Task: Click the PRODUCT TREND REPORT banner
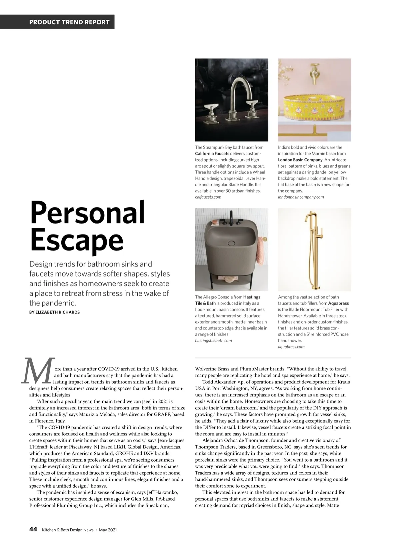coord(69,22)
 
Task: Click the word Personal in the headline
coord(88,213)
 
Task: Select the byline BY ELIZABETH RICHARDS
coord(54,312)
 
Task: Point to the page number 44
coord(33,530)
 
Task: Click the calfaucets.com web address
coord(208,197)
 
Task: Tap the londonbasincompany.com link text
coord(301,197)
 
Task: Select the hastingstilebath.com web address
coord(213,340)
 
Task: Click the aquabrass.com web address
coord(291,347)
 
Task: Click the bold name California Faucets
coord(212,154)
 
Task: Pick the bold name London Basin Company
coord(300,160)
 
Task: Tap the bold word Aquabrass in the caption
coord(338,303)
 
